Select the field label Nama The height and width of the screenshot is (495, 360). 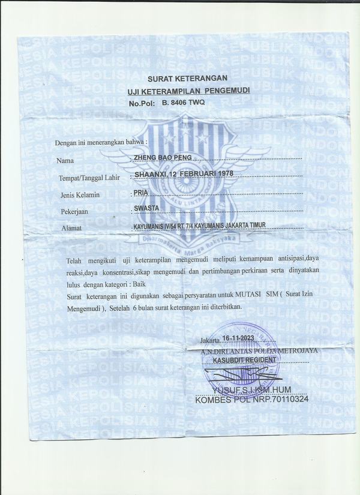[65, 161]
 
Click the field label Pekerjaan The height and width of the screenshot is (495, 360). [75, 212]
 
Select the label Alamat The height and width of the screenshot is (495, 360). [71, 229]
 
